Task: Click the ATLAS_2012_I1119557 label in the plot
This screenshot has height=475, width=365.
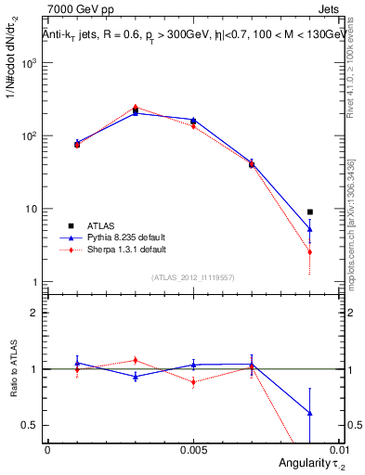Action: click(x=191, y=277)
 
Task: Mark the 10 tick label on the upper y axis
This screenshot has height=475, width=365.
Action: click(x=33, y=209)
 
